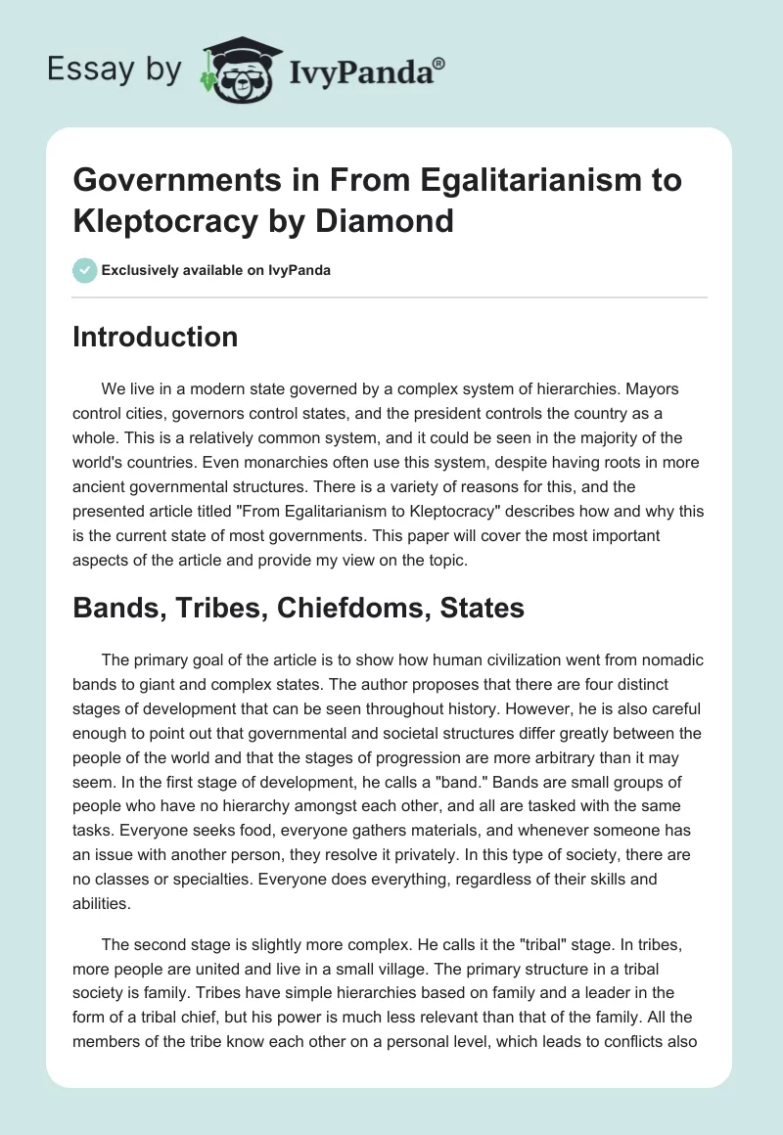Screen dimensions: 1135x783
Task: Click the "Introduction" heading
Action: pos(156,337)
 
